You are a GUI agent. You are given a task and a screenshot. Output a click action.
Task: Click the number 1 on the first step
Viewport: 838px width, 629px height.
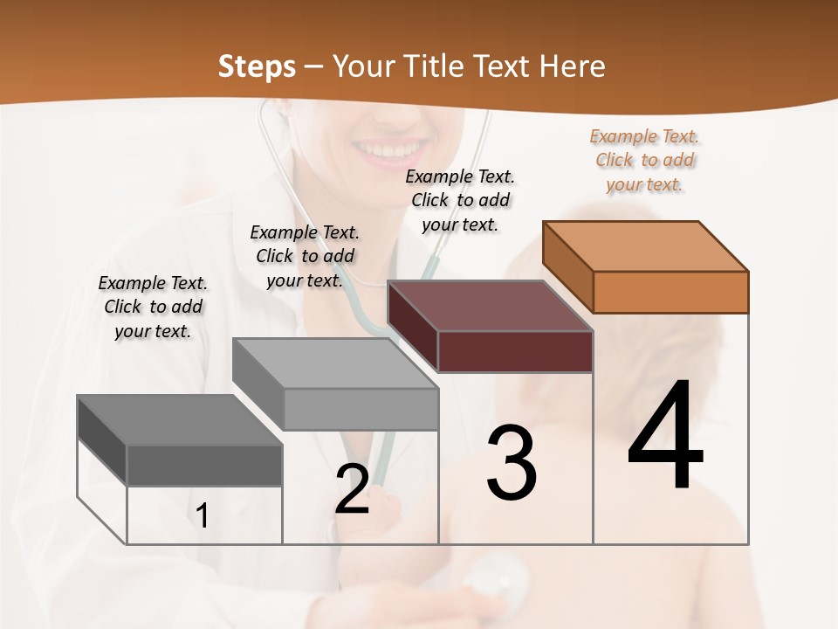click(x=203, y=515)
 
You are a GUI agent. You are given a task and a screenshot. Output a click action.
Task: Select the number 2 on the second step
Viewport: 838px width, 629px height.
click(x=352, y=488)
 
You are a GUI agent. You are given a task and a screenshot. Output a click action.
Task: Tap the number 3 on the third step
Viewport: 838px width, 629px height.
click(x=512, y=463)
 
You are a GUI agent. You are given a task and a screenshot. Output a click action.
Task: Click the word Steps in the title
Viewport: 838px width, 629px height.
click(x=257, y=66)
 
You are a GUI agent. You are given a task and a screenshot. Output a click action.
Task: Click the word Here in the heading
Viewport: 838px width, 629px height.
click(x=573, y=66)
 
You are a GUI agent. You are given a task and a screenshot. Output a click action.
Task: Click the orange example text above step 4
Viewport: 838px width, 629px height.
click(x=644, y=161)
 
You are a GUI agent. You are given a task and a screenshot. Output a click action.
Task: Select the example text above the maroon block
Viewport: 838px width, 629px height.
click(x=460, y=200)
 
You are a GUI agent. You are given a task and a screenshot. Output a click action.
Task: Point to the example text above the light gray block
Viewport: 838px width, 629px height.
click(x=305, y=256)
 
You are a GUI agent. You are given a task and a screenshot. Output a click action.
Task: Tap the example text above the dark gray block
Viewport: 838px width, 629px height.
click(x=153, y=307)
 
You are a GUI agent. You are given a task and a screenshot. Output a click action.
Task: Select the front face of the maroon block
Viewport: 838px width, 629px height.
click(x=515, y=351)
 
